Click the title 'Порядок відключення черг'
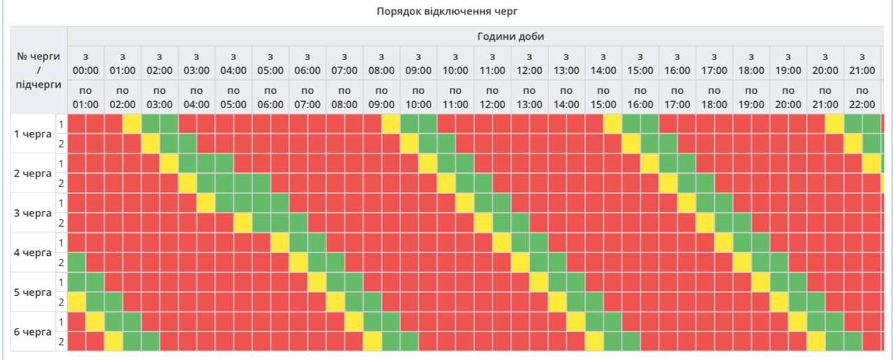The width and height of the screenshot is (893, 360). (446, 11)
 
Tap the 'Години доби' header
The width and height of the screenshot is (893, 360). (510, 36)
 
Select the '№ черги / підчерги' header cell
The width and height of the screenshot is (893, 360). (38, 70)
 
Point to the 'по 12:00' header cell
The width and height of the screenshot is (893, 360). (492, 97)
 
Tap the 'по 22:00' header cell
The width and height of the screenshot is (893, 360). (862, 97)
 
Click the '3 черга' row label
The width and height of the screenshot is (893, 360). (33, 213)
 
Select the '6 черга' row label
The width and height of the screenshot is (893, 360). (33, 331)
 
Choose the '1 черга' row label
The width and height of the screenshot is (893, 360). (33, 133)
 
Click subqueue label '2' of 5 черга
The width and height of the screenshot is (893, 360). (61, 302)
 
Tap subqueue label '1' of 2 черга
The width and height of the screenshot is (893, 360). (61, 163)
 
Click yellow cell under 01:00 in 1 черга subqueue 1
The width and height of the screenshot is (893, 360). (132, 123)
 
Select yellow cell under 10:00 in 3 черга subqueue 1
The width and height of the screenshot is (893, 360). (465, 203)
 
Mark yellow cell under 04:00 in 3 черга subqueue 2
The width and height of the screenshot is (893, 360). (243, 223)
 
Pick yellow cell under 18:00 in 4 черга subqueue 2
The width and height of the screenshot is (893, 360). (742, 263)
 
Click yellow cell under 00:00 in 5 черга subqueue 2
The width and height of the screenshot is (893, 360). (76, 302)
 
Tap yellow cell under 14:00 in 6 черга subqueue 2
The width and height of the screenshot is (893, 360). (594, 342)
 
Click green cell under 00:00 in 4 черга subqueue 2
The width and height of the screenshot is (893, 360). (76, 263)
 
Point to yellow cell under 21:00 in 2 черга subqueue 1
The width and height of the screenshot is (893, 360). (871, 163)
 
